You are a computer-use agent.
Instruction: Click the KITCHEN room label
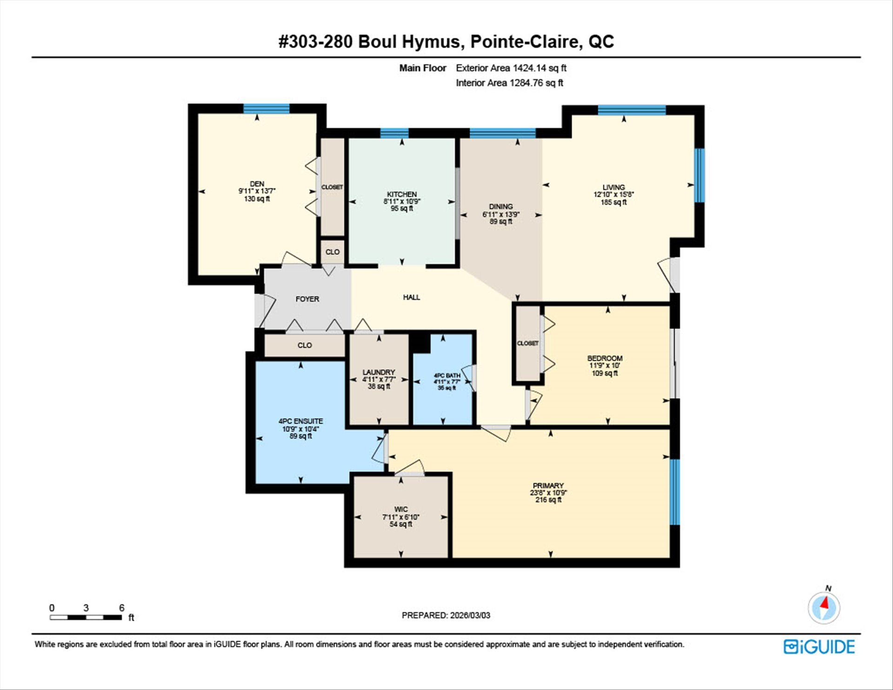pos(402,194)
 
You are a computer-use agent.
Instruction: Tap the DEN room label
pos(257,184)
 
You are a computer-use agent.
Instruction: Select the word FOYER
pos(307,299)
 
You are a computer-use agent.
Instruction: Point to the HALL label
pos(412,297)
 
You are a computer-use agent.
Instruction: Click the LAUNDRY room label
pos(379,372)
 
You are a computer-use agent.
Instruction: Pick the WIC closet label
pos(401,509)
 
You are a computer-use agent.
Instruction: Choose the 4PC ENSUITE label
pos(300,421)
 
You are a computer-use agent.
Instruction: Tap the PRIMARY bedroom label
pos(548,485)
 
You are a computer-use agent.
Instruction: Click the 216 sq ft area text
pos(548,500)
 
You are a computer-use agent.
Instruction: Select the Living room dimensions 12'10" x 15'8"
pos(613,194)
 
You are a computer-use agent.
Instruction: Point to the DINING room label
pos(501,206)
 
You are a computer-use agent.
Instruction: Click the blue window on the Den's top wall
pos(267,108)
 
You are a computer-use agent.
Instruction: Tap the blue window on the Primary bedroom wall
pos(675,492)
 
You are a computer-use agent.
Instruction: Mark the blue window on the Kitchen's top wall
pos(394,134)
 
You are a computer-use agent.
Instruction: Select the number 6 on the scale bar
pos(122,608)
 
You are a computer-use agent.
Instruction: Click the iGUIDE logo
pos(819,647)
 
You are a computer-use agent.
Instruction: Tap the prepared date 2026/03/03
pos(470,615)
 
